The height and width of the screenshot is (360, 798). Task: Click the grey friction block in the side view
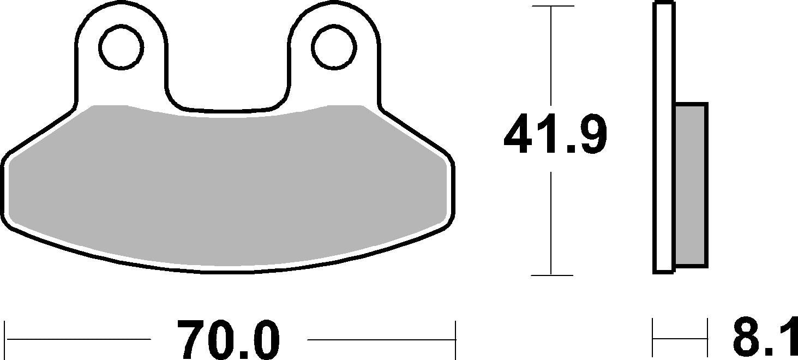tap(691, 185)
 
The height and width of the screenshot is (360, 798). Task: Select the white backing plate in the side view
tap(664, 136)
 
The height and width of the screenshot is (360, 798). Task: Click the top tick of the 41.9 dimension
tap(552, 6)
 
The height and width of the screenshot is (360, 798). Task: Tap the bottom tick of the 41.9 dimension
tap(552, 275)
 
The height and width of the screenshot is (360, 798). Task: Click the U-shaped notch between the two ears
tap(227, 82)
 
